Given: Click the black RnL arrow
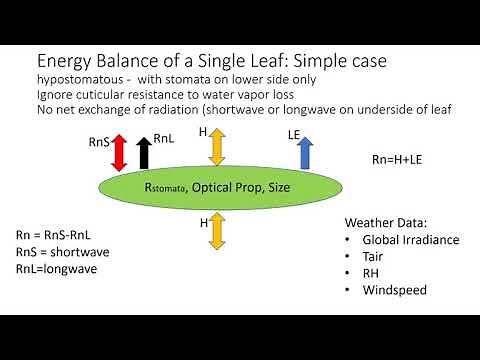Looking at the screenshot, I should (145, 154).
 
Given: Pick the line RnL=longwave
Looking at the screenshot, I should (58, 269).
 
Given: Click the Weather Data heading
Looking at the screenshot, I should (385, 223).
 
